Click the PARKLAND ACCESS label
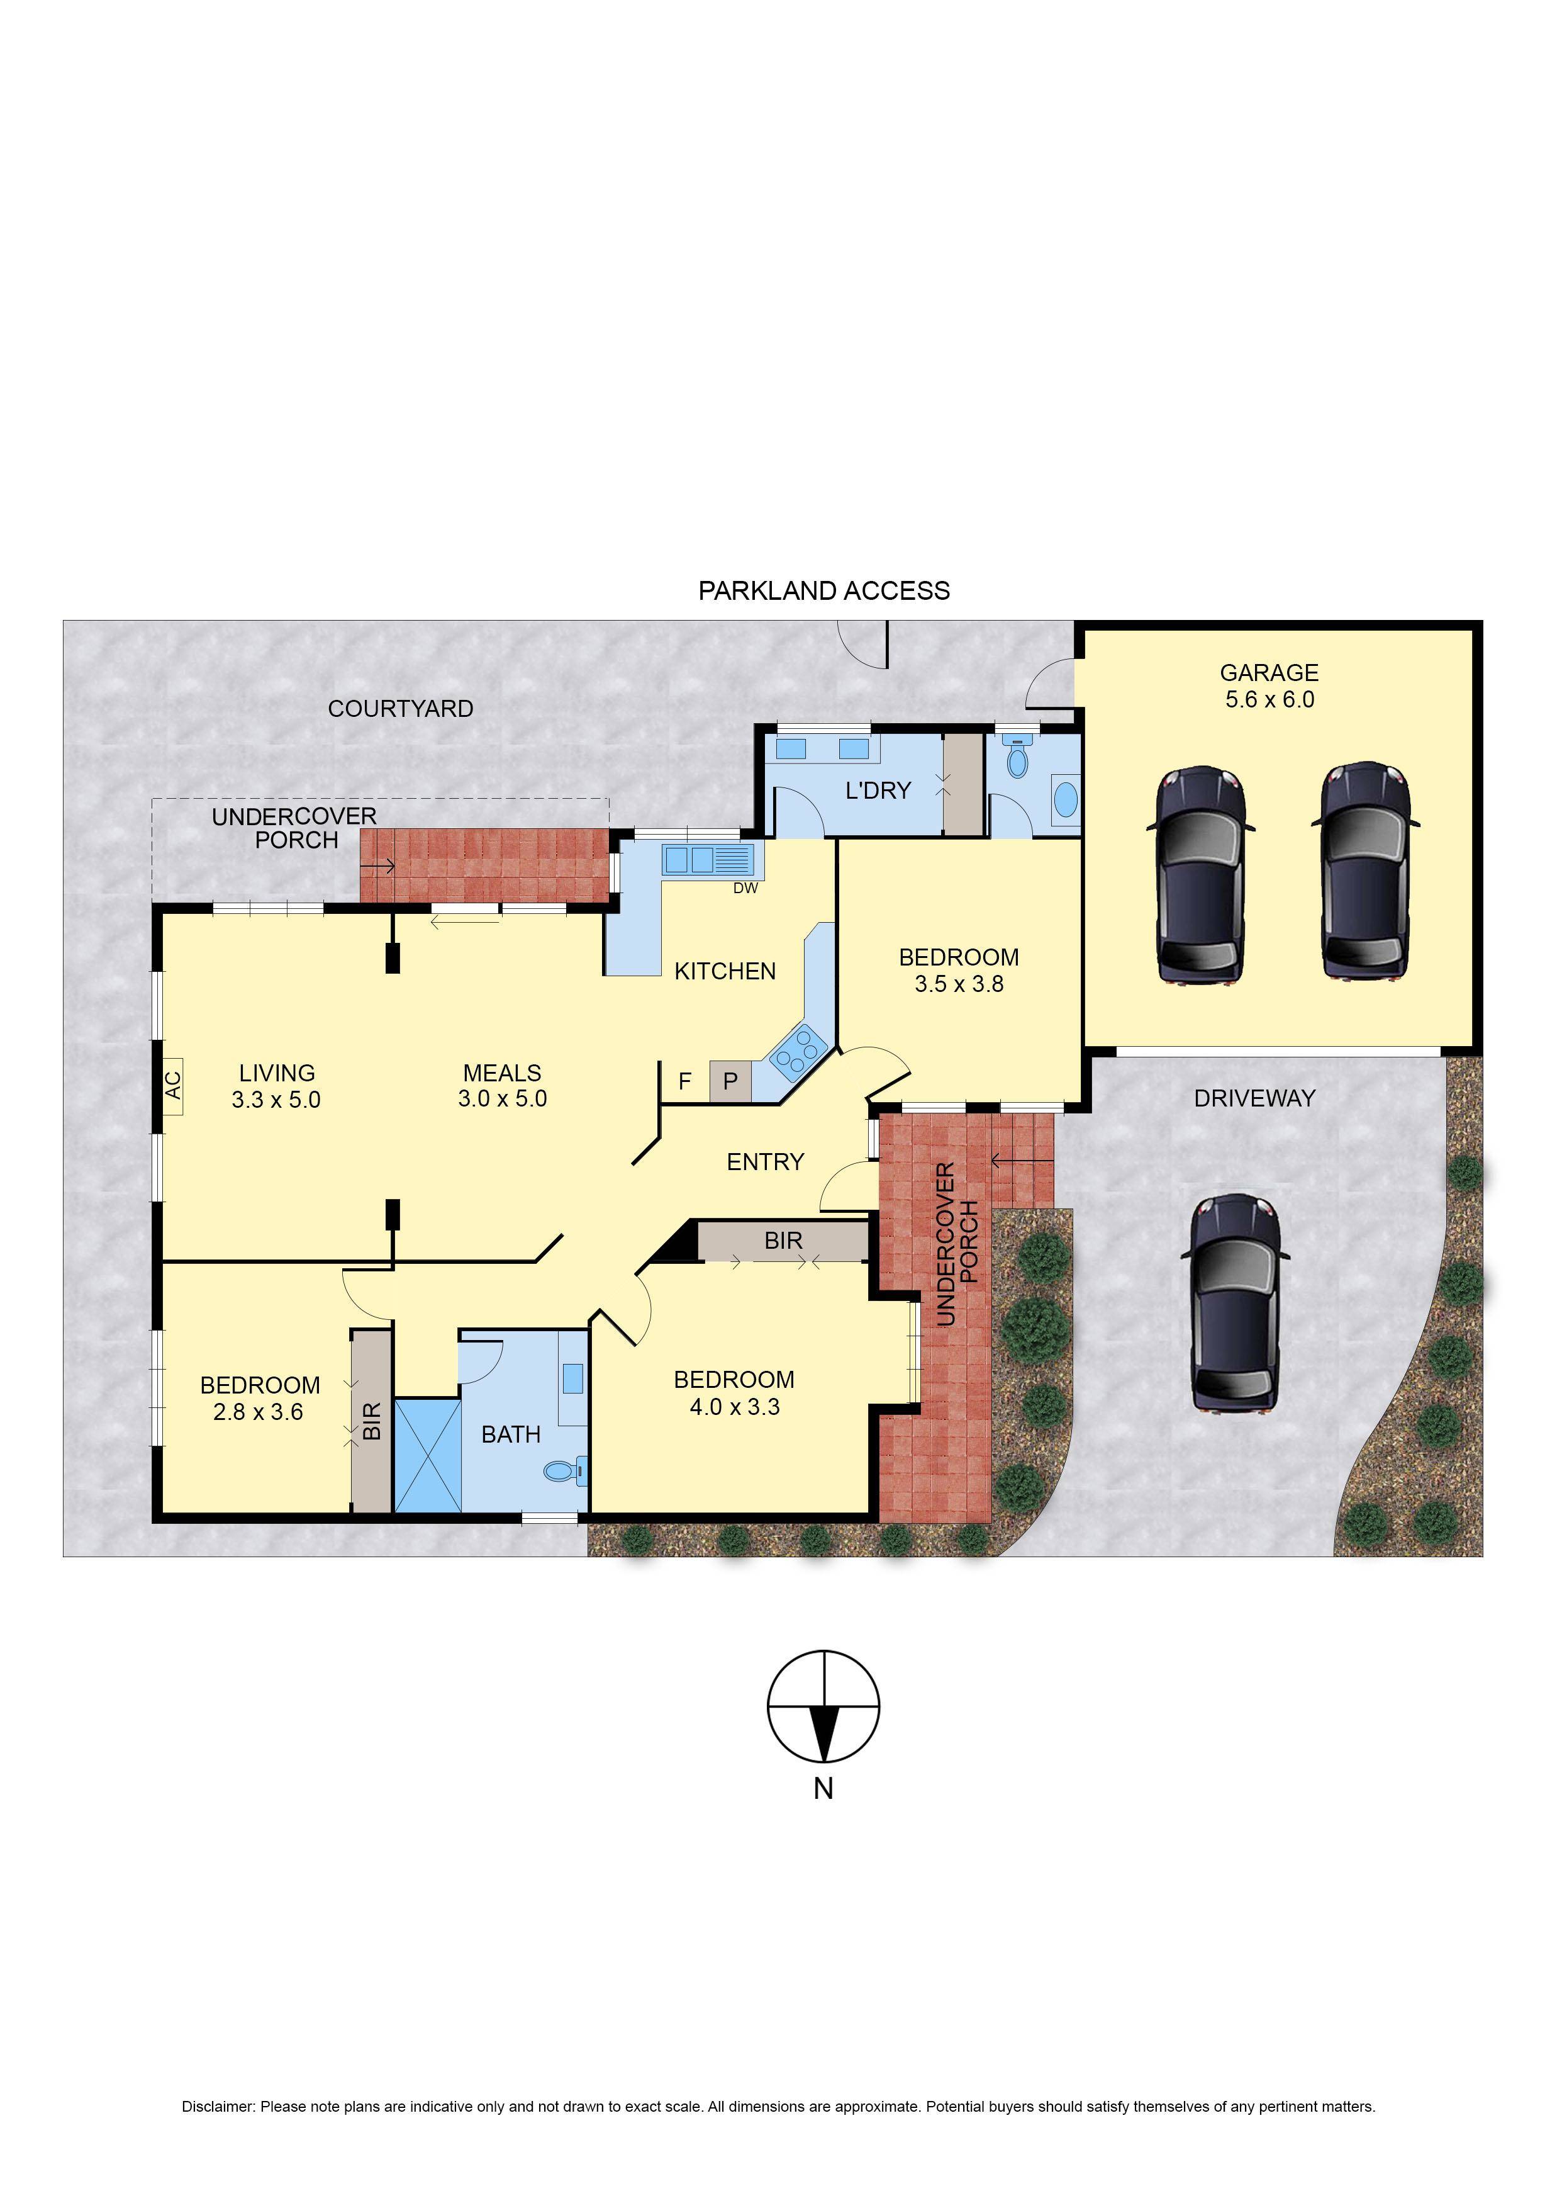(x=823, y=591)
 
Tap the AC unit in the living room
(x=173, y=1086)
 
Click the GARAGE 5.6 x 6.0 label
(x=1269, y=686)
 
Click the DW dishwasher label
(x=745, y=888)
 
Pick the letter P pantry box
(x=730, y=1081)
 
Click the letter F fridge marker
(x=685, y=1081)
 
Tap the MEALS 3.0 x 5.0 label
(x=502, y=1085)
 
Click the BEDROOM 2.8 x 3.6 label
(x=260, y=1398)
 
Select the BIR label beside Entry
(x=783, y=1241)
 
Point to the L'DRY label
(x=877, y=791)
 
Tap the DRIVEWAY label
(x=1254, y=1099)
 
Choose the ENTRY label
(x=765, y=1162)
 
